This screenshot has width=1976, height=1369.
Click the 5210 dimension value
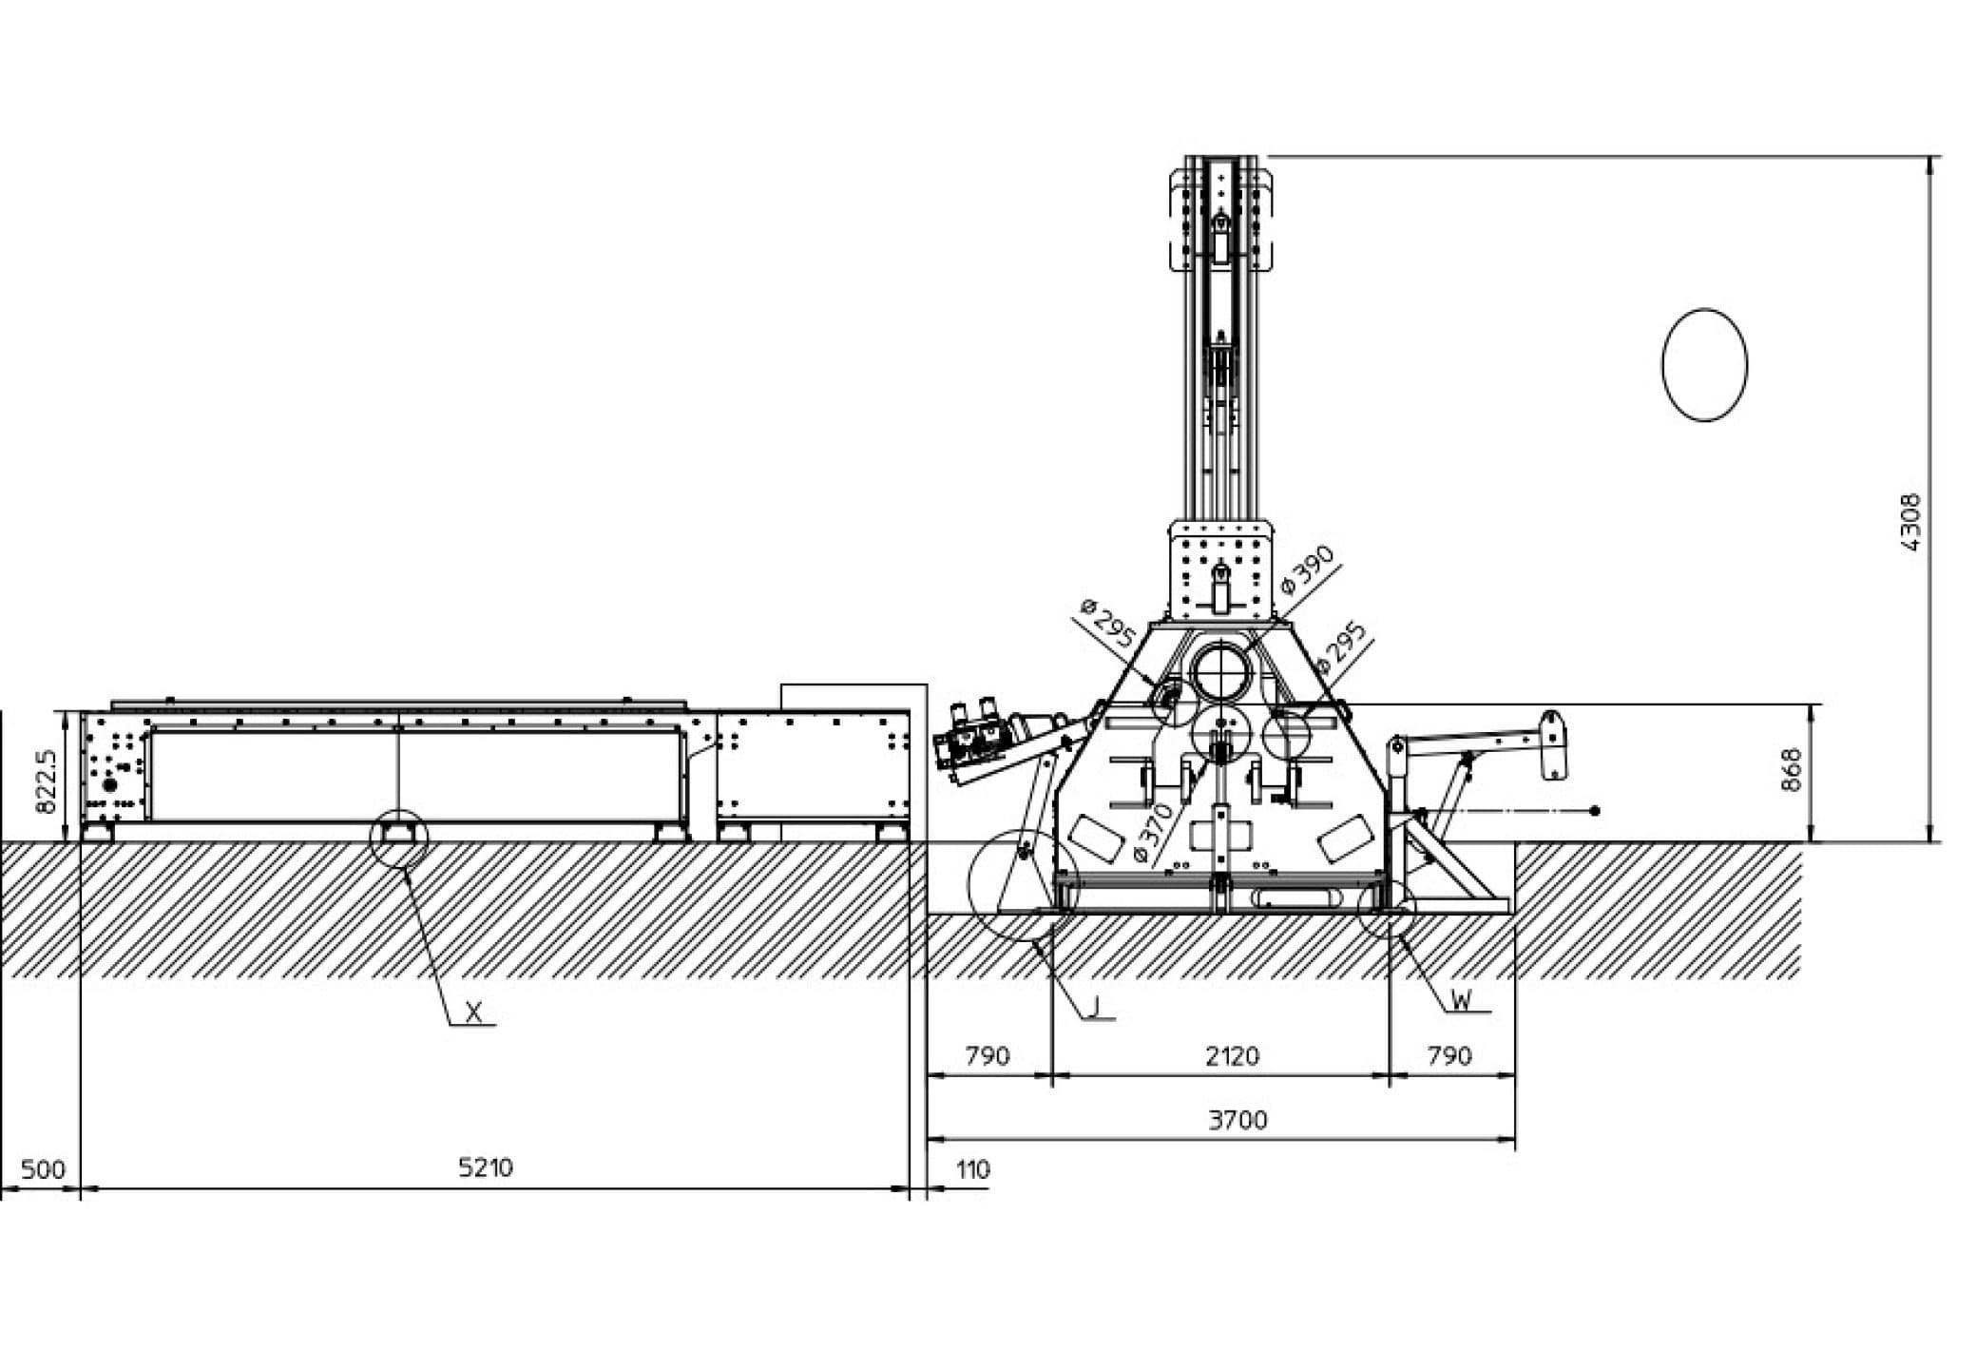(486, 1167)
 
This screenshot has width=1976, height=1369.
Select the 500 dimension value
(43, 1168)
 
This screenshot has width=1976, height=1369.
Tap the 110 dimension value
(973, 1168)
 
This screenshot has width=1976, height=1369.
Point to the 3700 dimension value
(1237, 1120)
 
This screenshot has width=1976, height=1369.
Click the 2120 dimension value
(1232, 1056)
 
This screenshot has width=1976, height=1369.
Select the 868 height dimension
(1791, 769)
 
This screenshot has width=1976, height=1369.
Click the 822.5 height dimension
(46, 781)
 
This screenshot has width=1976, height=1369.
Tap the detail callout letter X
(474, 1013)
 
